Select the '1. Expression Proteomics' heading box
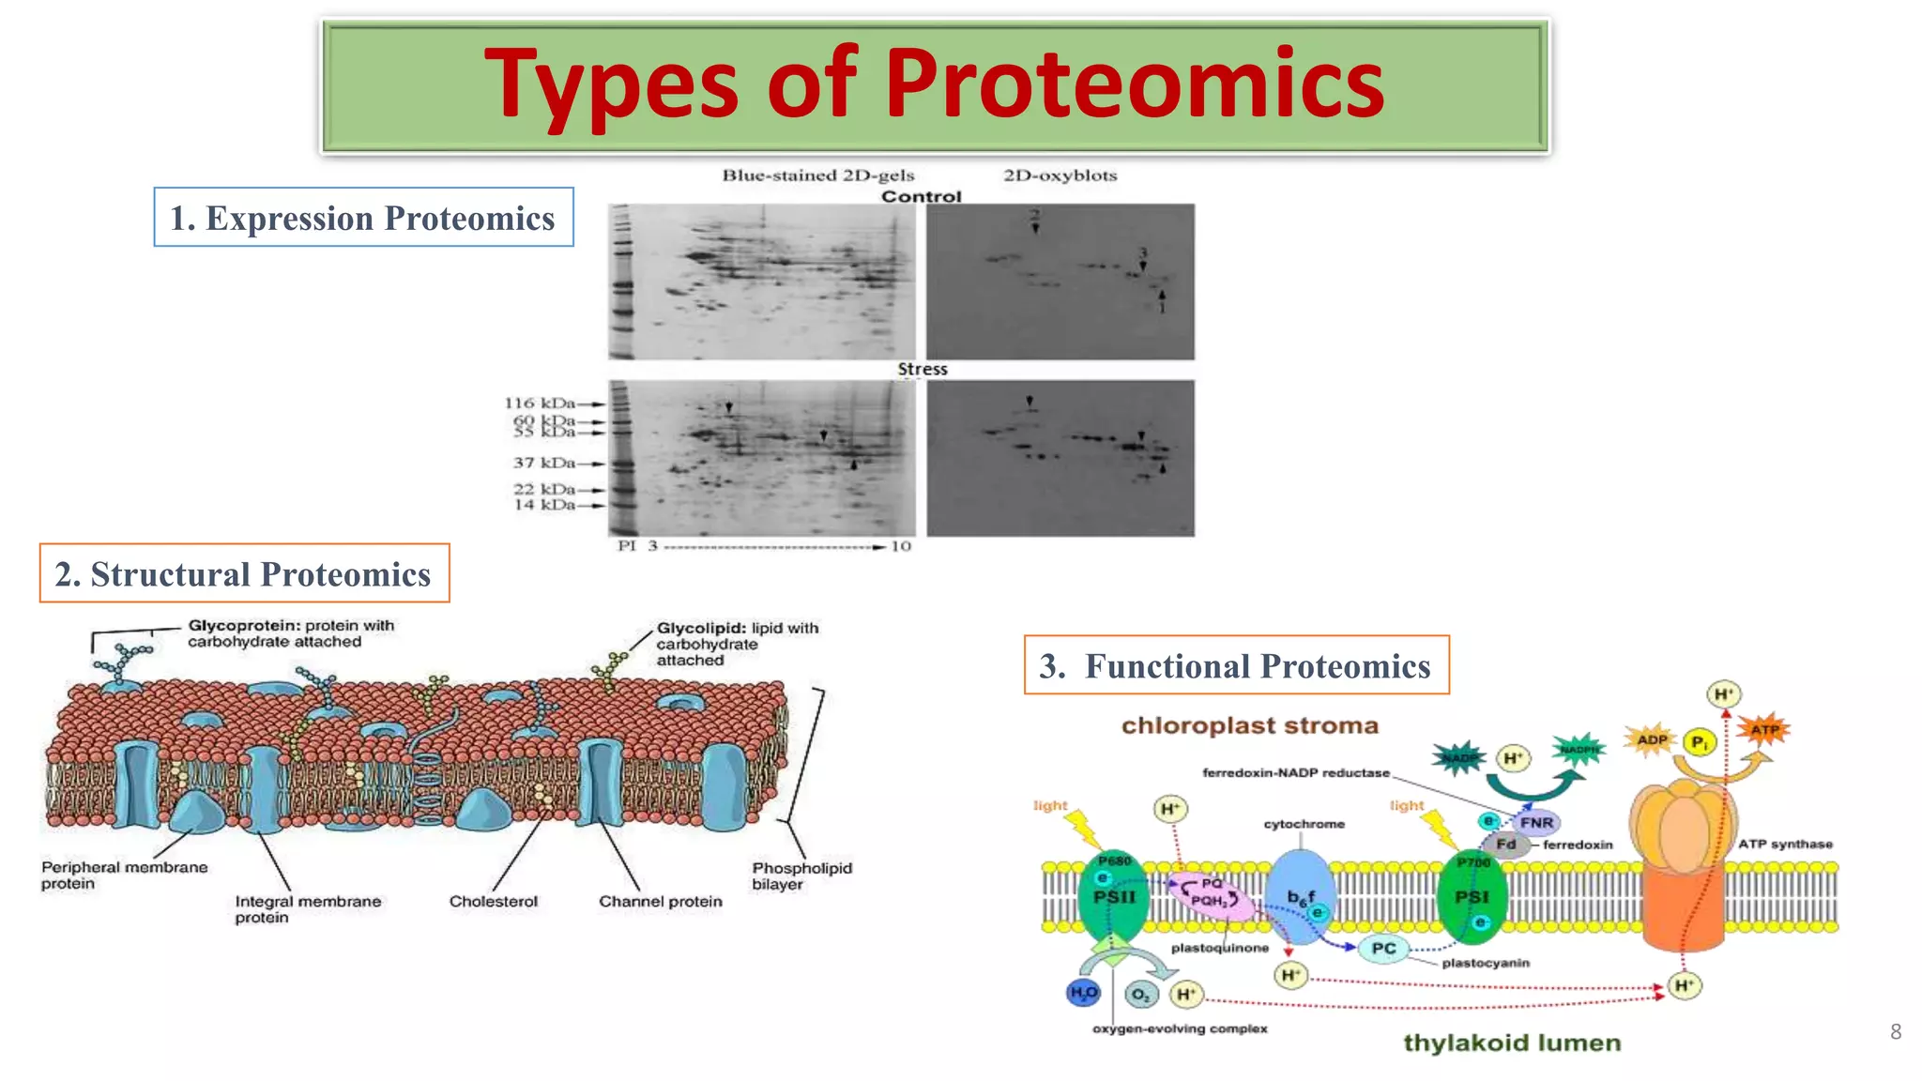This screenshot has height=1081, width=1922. pos(363,218)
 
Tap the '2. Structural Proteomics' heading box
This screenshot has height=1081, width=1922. pos(244,573)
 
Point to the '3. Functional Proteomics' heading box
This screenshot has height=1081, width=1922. pos(1236,665)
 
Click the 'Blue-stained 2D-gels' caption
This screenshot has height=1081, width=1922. pos(817,175)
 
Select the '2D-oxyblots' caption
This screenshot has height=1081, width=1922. pos(1060,175)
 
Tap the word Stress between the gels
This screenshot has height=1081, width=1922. pos(922,370)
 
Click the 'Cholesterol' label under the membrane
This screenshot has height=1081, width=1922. pos(493,901)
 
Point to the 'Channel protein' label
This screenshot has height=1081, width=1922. pos(660,901)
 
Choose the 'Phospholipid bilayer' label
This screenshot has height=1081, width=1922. pos(801,875)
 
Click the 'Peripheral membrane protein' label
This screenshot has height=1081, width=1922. pos(124,875)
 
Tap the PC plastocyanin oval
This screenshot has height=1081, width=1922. pos(1383,949)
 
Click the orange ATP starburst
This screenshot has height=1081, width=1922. pos(1763,730)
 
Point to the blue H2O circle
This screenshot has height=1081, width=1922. pos(1083,993)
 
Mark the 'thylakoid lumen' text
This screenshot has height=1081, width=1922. pos(1511,1043)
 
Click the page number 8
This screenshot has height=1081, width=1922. pos(1895,1031)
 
